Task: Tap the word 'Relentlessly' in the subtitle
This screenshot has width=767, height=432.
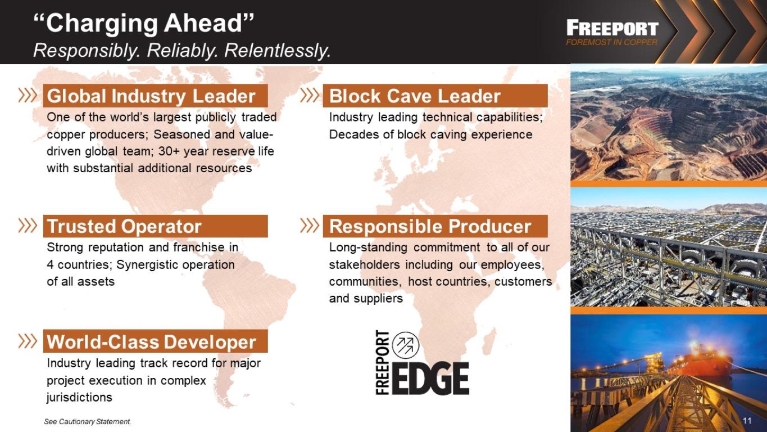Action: coord(278,51)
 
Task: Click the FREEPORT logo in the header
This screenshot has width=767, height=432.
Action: coord(612,28)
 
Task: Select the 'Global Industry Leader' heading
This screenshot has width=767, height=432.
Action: coord(151,96)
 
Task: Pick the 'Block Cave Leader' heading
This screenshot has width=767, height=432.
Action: coord(415,96)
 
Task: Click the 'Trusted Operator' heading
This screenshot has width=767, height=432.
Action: coord(124,226)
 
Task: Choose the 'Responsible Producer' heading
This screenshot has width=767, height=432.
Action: coord(430,226)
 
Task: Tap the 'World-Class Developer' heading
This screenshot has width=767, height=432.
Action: coord(151,342)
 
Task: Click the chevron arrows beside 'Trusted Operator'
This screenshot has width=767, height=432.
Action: coord(28,226)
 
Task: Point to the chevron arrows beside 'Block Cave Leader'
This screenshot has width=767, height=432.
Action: coord(310,95)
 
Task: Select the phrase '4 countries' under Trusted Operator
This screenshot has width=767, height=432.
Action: coord(79,265)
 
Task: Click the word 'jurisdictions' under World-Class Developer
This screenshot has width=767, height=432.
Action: coord(79,397)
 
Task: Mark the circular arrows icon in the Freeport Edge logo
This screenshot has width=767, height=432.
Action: coord(406,345)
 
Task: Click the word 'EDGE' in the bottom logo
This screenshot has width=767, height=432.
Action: coord(430,379)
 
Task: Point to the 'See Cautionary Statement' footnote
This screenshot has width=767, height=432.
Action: coord(87,421)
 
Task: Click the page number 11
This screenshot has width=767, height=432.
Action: coord(747,421)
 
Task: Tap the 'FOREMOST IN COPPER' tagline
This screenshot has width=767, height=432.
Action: coord(611,42)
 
